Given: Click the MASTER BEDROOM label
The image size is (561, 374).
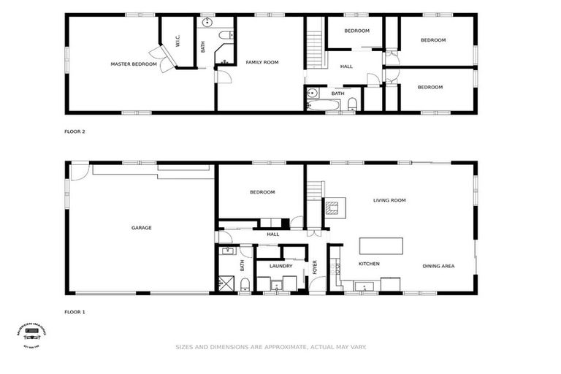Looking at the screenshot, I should point(134,64).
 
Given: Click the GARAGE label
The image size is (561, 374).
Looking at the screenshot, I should point(141,228).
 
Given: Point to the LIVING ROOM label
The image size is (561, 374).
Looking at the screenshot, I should point(389,200).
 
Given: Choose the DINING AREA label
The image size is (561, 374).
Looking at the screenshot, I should point(438,266).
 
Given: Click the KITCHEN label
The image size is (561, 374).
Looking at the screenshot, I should point(369,264).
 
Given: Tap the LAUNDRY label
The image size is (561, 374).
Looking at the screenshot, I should point(280,266).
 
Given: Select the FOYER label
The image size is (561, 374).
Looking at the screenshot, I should point(315,267).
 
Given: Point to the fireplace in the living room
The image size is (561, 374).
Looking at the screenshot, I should point(332,206).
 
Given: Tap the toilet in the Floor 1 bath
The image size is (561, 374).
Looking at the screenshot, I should point(245,283).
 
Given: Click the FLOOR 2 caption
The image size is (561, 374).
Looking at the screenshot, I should point(75,132).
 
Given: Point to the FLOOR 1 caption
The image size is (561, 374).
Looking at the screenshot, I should point(75,312).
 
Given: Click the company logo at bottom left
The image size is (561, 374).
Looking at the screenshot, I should point(31,334).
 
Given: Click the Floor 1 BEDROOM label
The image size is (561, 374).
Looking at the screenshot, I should point(262,192).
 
